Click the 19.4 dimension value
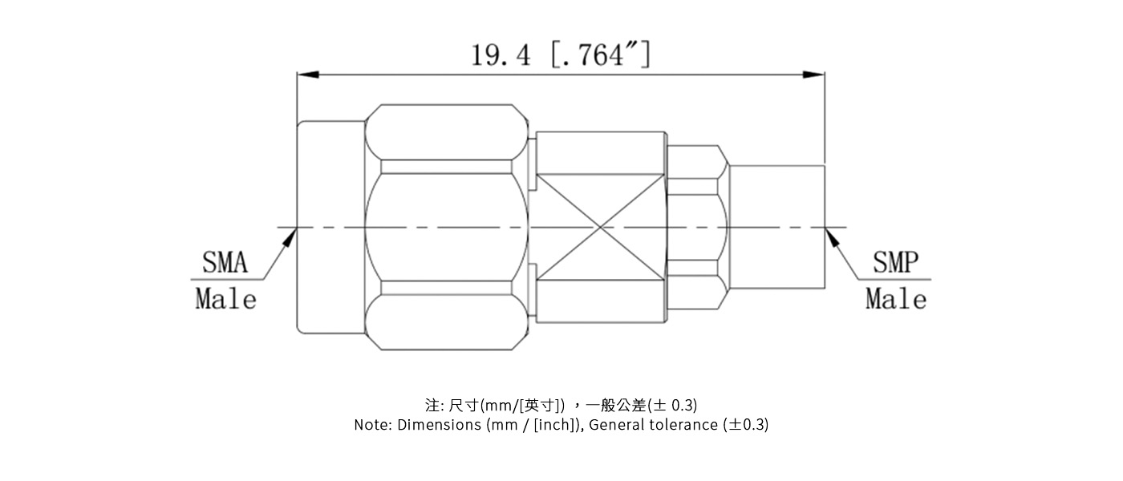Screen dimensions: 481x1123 501,55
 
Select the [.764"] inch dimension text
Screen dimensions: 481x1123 601,55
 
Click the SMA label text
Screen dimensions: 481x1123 225,263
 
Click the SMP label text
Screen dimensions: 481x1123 895,263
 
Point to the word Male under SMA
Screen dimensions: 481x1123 226,299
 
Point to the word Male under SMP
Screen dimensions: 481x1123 896,299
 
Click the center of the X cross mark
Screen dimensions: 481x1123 601,227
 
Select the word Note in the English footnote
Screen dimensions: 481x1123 372,425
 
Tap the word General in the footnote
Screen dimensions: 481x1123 614,425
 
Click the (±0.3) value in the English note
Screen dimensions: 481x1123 745,425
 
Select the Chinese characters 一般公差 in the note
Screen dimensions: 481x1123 622,405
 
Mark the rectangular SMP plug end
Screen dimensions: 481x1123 776,227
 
